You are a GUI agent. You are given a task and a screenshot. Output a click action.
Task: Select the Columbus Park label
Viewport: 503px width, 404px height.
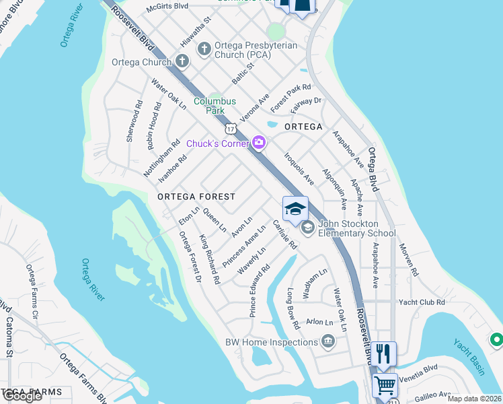pos(215,106)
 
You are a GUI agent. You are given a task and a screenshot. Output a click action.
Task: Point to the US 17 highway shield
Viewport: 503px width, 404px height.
pos(231,128)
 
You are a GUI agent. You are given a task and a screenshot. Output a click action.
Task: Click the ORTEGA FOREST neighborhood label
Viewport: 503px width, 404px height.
pos(196,197)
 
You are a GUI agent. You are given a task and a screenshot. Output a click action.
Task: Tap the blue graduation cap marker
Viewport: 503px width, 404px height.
pos(295,209)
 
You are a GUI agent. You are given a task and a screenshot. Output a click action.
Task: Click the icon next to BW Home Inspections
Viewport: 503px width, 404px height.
pos(327,342)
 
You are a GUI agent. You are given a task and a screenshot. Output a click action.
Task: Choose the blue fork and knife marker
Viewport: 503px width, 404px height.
pos(383,352)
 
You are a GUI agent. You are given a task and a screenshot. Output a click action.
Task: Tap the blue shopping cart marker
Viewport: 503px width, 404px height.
pos(385,386)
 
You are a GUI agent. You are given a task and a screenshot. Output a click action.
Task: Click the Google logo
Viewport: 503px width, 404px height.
pos(22,397)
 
